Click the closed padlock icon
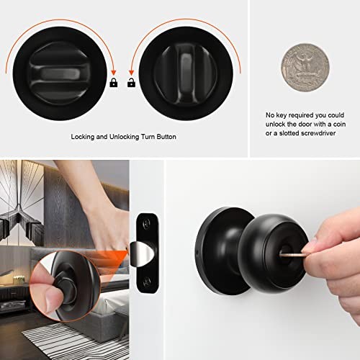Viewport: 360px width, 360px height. [x=114, y=83]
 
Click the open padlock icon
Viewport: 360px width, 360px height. [x=131, y=83]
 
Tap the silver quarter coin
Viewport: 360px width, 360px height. [x=305, y=68]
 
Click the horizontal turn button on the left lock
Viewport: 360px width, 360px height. [x=60, y=73]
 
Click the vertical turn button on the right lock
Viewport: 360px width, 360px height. [x=186, y=73]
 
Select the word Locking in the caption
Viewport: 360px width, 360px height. [x=82, y=137]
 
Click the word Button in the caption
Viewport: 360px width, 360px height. [x=166, y=137]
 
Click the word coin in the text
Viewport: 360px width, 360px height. [x=339, y=124]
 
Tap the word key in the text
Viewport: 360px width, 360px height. [x=282, y=115]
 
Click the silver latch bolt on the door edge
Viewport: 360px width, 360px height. [x=141, y=254]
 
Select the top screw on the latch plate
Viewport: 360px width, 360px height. [x=147, y=224]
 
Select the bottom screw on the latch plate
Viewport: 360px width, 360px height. [x=147, y=282]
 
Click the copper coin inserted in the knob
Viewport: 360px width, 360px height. [x=293, y=255]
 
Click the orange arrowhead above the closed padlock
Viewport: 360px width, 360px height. [x=114, y=73]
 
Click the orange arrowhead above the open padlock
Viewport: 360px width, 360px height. [x=131, y=73]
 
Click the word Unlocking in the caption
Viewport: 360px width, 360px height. [x=124, y=137]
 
